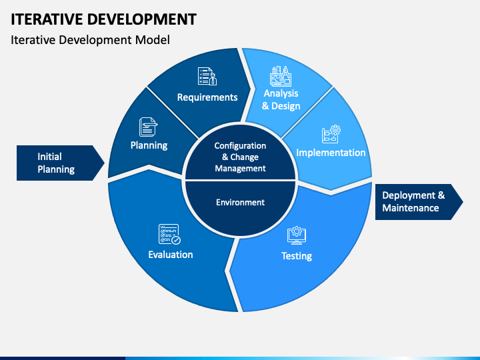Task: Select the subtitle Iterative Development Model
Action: point(90,40)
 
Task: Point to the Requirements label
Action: point(207,97)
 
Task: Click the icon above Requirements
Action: point(207,76)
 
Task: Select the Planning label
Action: point(149,145)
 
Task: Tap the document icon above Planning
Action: point(148,127)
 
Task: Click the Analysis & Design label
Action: point(281,99)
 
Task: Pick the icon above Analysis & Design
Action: point(280,76)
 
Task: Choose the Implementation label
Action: point(331,153)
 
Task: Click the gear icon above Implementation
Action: point(331,134)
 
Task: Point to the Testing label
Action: point(296,256)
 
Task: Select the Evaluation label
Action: point(171,255)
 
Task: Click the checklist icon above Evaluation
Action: point(169,234)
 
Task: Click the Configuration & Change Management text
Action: point(240,157)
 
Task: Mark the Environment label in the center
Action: point(240,203)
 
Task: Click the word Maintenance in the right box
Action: point(411,208)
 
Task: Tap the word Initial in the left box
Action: point(49,157)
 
